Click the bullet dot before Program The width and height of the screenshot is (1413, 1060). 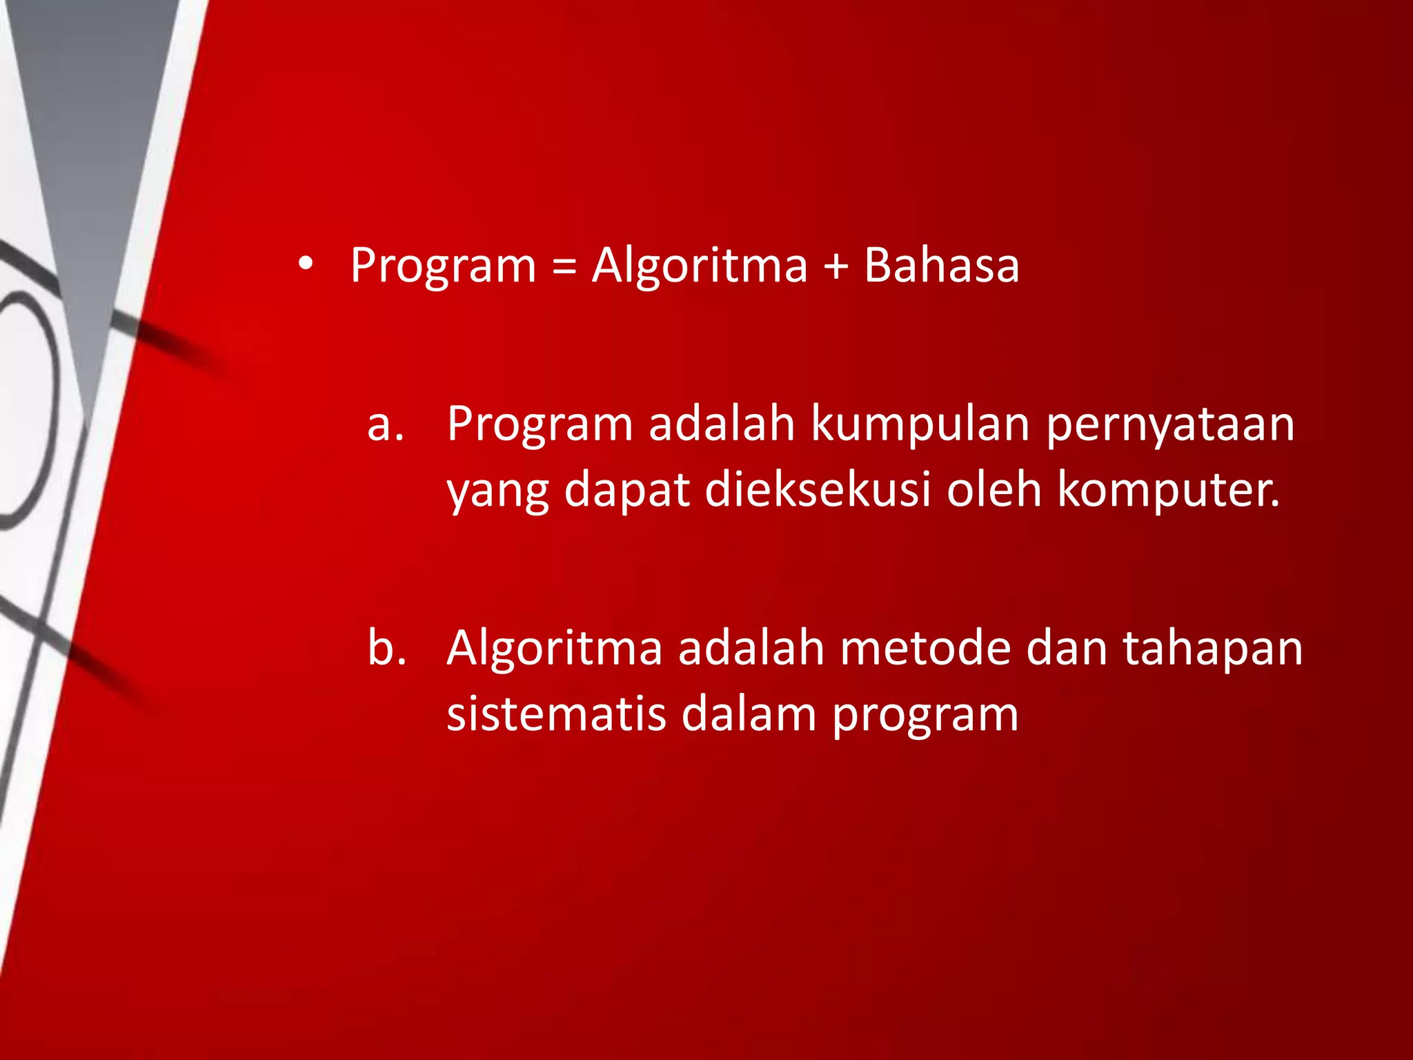306,264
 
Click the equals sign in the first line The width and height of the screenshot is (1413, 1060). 564,266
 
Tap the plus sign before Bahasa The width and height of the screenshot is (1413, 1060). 836,266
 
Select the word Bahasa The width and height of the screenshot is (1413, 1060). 941,265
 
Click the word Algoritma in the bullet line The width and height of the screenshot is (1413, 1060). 700,266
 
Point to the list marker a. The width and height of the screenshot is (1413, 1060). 385,424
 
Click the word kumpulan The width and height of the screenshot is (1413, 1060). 920,424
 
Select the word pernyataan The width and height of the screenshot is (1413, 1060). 1170,424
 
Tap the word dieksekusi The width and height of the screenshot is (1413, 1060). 818,489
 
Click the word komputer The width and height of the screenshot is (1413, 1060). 1168,489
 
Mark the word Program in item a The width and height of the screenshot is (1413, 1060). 540,424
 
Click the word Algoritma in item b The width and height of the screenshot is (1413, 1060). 554,649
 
